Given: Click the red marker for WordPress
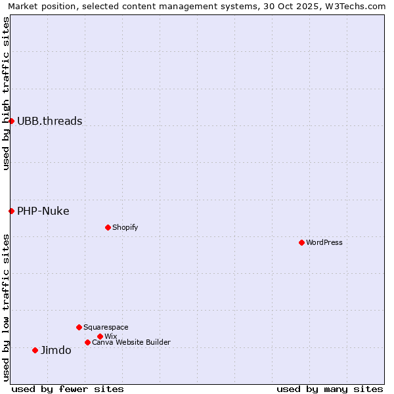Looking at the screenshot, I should [x=301, y=242].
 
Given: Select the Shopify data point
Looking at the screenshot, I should [x=108, y=227].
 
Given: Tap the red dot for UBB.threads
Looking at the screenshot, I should [x=11, y=121].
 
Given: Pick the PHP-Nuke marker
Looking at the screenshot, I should [x=11, y=211].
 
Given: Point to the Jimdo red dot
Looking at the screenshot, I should [x=35, y=350].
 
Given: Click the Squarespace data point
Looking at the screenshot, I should [x=79, y=327].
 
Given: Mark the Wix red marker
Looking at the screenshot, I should [x=100, y=336].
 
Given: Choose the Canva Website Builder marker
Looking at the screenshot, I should [x=87, y=342].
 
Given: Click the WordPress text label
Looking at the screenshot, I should [x=324, y=242].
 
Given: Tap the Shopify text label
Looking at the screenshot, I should [x=125, y=227].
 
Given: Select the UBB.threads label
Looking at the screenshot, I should [x=50, y=121].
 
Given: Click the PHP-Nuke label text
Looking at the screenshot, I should [x=43, y=211].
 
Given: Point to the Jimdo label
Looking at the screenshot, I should [x=56, y=350].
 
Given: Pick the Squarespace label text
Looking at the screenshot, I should [x=106, y=327].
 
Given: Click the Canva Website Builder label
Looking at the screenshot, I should [x=131, y=342].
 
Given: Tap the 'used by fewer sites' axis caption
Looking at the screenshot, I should [x=68, y=389].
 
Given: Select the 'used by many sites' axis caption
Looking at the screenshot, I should [x=330, y=389].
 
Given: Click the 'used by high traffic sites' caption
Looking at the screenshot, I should [x=6, y=93].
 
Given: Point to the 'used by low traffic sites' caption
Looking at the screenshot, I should [x=6, y=307].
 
